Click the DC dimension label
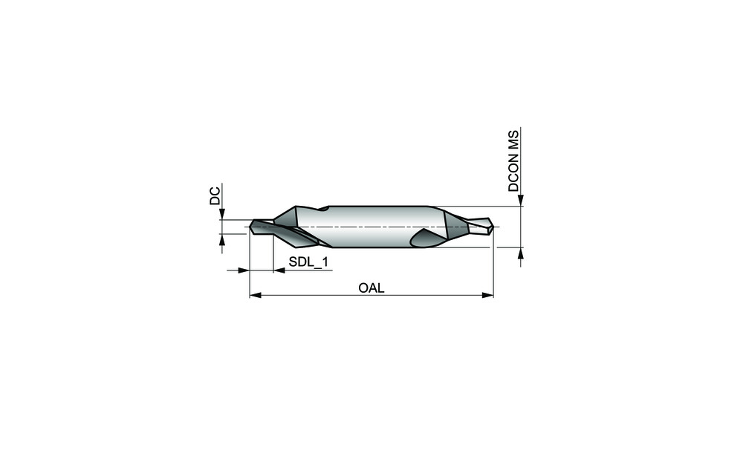pos(215,196)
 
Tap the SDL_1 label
pos(308,262)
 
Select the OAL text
pos(371,288)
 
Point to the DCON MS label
pos(513,161)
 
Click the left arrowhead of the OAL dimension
pos(256,295)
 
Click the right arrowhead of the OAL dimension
pos(487,295)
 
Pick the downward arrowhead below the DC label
pos(221,214)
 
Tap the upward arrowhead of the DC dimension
pos(221,240)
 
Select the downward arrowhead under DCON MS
pos(521,200)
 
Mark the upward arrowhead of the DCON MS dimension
pos(521,253)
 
